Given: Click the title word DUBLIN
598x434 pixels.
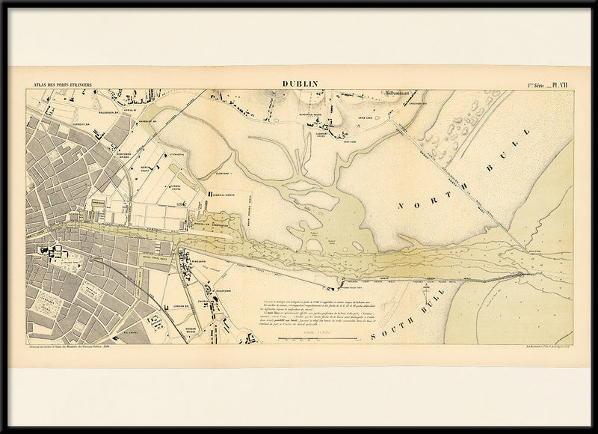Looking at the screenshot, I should tap(300, 85).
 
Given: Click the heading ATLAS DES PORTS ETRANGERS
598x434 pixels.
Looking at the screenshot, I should tap(58, 86).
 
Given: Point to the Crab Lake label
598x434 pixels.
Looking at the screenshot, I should tap(365, 119).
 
